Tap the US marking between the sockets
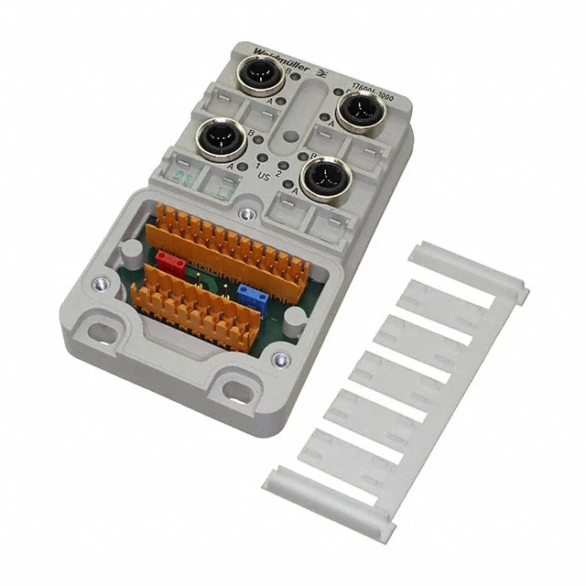(264, 174)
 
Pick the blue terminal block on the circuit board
(249, 295)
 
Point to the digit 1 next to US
(257, 164)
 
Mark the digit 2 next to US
(278, 173)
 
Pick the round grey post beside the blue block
(294, 320)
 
